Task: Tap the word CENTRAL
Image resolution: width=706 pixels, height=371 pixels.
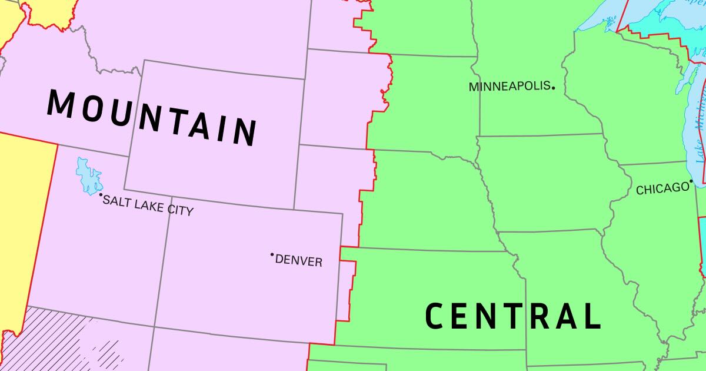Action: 512,316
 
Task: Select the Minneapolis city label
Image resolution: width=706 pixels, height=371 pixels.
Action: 509,87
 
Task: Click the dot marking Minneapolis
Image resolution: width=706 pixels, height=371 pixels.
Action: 553,87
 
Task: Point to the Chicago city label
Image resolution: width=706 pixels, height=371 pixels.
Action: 662,188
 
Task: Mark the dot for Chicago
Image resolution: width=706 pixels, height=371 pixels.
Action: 691,181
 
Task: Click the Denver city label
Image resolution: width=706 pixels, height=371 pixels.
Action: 299,260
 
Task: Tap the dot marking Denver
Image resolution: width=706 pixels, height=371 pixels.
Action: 272,255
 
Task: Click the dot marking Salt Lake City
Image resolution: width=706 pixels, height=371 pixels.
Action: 101,195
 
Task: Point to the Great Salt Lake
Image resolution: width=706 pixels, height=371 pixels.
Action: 89,177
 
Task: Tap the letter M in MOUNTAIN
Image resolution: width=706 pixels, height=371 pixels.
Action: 61,102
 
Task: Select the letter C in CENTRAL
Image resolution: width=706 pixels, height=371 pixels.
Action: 434,316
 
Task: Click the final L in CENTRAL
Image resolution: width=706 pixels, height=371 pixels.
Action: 591,316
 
